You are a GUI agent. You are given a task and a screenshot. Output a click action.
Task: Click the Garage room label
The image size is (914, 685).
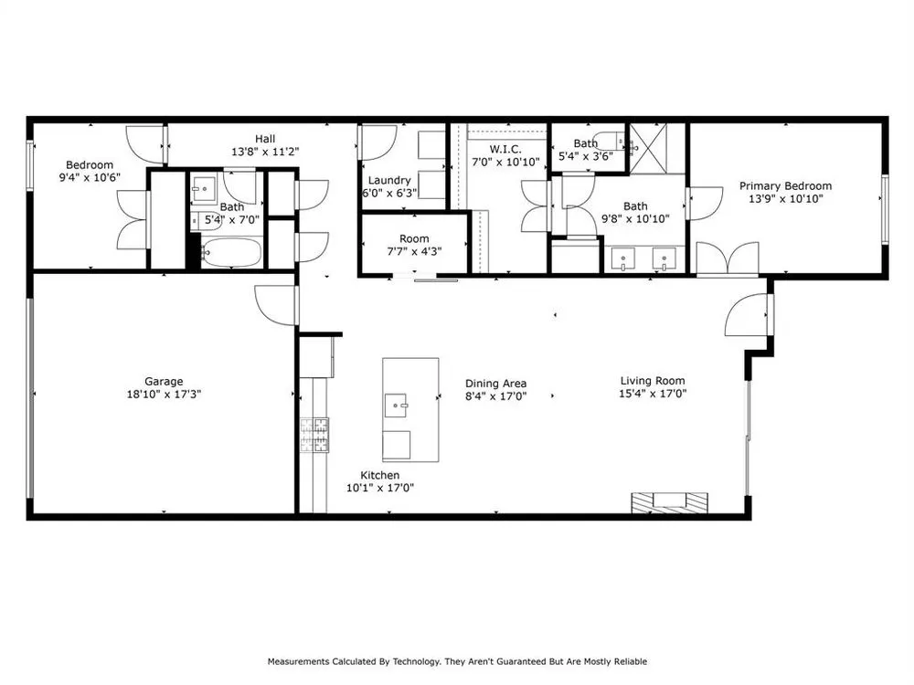[x=164, y=382]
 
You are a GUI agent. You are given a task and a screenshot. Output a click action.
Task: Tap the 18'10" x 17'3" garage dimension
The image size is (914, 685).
[x=164, y=395]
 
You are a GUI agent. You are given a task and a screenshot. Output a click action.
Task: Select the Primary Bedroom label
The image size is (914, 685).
[x=785, y=185]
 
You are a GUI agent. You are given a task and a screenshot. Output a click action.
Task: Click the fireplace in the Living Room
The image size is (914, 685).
[x=670, y=502]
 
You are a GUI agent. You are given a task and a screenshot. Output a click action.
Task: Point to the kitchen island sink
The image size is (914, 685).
[x=397, y=406]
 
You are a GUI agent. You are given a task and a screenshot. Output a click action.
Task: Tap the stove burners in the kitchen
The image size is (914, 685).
[x=314, y=435]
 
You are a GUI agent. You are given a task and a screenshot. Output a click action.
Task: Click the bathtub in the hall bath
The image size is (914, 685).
[x=231, y=253]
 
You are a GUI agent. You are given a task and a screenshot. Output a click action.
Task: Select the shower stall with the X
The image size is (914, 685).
[x=648, y=148]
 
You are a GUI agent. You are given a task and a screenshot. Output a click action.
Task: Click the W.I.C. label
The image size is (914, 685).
[x=505, y=149]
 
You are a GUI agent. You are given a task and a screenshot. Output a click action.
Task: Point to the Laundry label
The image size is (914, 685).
[x=389, y=181]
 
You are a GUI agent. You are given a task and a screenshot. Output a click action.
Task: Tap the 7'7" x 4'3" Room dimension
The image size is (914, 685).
[x=414, y=252]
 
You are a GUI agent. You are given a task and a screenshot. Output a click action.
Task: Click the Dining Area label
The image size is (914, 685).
[x=496, y=384]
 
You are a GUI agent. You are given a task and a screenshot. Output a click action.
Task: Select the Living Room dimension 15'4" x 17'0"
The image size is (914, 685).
[x=653, y=394]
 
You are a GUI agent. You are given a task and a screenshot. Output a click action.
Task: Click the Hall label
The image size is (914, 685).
[x=265, y=139]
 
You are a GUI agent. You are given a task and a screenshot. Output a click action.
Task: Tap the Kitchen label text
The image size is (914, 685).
[x=380, y=475]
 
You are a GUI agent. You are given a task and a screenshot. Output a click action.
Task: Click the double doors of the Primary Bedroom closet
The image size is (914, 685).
[x=728, y=259]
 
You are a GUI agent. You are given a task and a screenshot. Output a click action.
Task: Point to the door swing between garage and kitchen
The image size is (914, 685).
[x=277, y=305]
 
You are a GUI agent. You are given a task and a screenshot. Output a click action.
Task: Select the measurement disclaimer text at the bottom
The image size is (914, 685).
[x=457, y=661]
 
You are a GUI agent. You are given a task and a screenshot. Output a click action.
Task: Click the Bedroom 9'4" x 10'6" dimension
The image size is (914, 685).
[x=90, y=178]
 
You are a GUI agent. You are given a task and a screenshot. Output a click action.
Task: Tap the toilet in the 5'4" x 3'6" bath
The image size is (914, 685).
[x=611, y=142]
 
